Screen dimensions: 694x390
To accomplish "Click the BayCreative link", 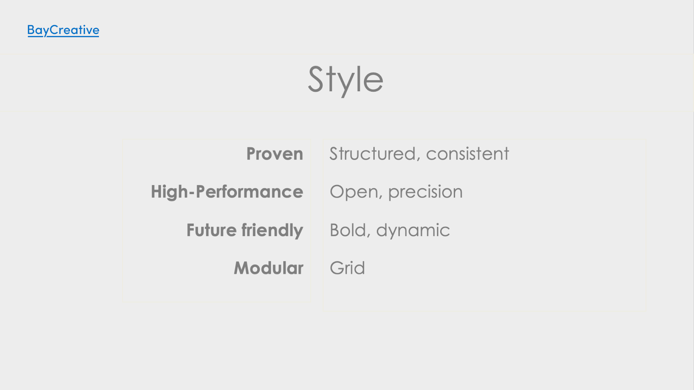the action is (63, 30).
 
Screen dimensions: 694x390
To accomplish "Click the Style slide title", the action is (345, 80).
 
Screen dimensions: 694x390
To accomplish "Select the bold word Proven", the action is (275, 154).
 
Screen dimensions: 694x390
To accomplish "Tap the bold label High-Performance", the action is (227, 192).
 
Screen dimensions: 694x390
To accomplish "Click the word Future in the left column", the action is (212, 230).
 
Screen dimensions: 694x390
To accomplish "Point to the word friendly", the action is (272, 231).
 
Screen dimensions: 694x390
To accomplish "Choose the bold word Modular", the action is (268, 268).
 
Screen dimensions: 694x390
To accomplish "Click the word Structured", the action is (373, 154).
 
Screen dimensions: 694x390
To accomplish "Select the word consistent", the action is (468, 154).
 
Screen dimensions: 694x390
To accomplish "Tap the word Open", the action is (354, 192).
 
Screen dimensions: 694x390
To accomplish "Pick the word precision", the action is (426, 192).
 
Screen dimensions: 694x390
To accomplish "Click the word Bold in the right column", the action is (348, 230).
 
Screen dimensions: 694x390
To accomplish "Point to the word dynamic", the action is (413, 231).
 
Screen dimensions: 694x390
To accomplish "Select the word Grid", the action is (347, 268).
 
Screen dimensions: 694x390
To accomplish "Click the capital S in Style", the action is (316, 79).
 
